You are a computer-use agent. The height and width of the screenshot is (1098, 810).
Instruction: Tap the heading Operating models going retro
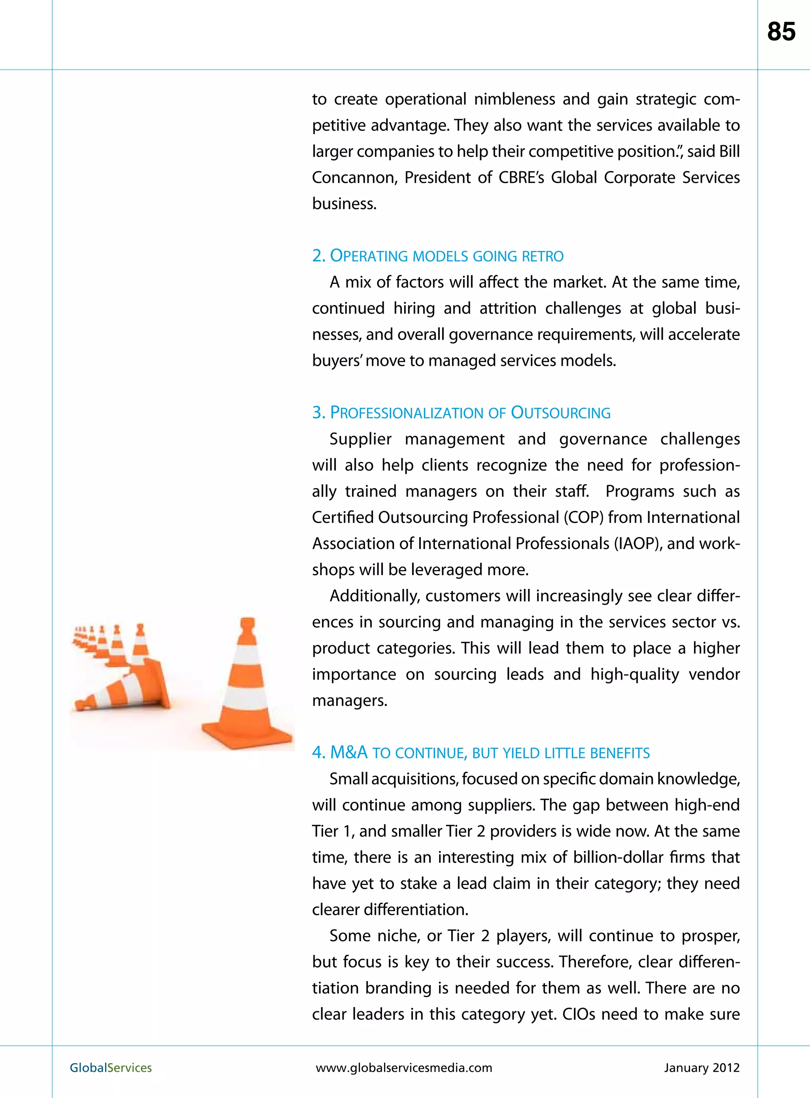(438, 256)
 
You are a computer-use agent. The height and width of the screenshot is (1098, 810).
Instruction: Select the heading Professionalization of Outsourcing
(462, 412)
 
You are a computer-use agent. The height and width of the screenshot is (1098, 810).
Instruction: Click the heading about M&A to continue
(481, 752)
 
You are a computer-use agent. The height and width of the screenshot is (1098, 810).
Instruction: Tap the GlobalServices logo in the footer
(111, 1068)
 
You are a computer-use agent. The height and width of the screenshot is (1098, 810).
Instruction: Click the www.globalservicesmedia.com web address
(404, 1068)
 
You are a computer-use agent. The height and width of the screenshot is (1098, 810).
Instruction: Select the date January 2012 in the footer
(702, 1068)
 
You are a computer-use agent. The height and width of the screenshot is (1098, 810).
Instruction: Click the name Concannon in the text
(354, 178)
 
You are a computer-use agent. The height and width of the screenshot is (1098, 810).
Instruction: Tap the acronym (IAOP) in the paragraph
(636, 543)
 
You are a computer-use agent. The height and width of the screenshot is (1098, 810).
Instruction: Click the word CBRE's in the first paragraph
(521, 178)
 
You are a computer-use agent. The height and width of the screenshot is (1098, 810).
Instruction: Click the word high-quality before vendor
(634, 674)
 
